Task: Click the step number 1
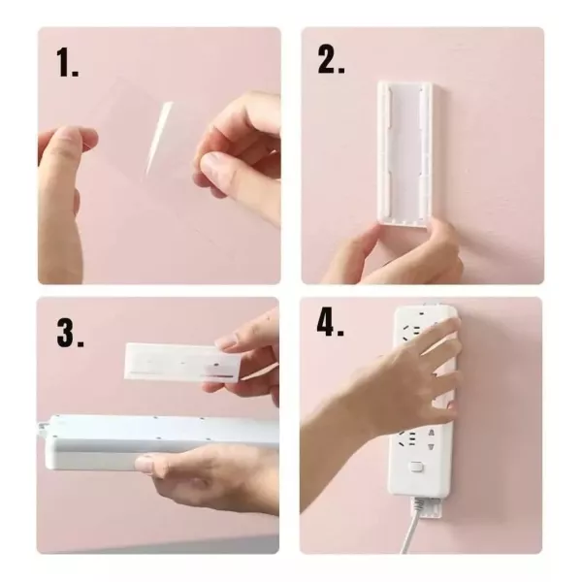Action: pyautogui.click(x=68, y=62)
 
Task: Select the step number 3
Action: pyautogui.click(x=70, y=332)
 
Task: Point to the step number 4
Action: pyautogui.click(x=331, y=322)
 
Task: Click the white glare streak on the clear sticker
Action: pyautogui.click(x=159, y=138)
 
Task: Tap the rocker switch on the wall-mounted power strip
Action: pyautogui.click(x=417, y=467)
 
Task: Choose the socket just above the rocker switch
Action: pyautogui.click(x=416, y=438)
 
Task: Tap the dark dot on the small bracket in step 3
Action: pyautogui.click(x=215, y=365)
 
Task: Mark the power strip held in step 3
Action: pyautogui.click(x=161, y=440)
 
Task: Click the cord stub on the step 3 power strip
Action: pyautogui.click(x=44, y=427)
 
